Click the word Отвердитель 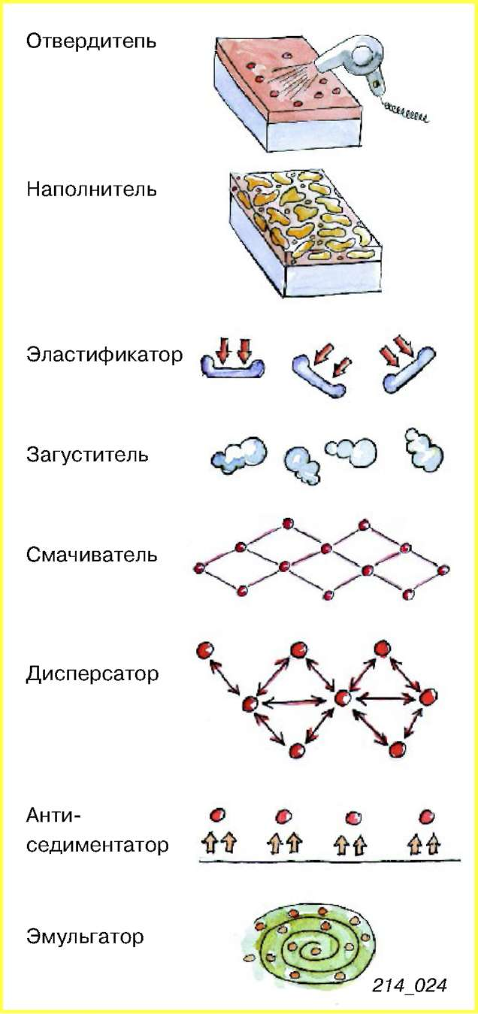[91, 41]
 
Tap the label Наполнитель [92, 189]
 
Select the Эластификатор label [104, 355]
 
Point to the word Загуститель [87, 455]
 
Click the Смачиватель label [92, 555]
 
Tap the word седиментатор [97, 845]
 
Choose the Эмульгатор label [85, 936]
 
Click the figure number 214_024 [409, 985]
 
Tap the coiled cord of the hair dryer [405, 112]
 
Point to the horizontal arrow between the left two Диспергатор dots [294, 702]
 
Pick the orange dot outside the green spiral [249, 957]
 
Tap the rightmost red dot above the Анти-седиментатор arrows [427, 816]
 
